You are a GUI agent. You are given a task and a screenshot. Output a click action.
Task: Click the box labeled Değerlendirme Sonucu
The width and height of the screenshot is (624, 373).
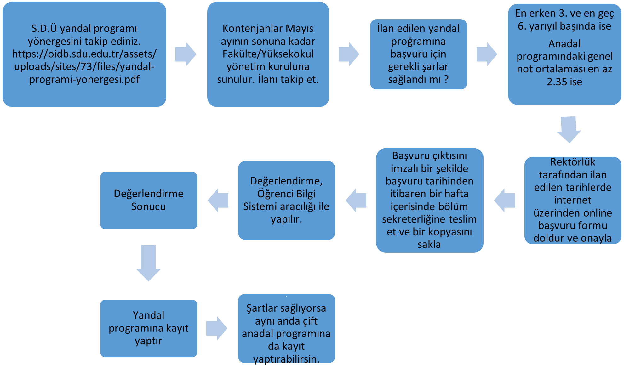[148, 200]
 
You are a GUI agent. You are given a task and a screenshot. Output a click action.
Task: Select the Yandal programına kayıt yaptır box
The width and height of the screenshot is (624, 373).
[148, 328]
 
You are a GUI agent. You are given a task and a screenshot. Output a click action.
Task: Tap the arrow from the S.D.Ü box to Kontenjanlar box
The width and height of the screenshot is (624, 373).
[186, 54]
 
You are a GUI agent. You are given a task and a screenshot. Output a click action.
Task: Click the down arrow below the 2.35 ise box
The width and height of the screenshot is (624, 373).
[569, 129]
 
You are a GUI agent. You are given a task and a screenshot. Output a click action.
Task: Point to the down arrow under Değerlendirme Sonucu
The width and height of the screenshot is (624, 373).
[148, 263]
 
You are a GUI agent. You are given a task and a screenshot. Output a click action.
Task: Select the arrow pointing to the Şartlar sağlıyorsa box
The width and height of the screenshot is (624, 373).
[217, 328]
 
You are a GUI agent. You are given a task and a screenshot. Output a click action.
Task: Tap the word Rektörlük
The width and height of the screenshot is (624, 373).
[572, 162]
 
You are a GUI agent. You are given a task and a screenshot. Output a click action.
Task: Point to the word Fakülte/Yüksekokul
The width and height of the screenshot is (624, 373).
[268, 54]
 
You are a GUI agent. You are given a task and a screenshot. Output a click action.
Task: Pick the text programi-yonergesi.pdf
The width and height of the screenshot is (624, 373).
[84, 79]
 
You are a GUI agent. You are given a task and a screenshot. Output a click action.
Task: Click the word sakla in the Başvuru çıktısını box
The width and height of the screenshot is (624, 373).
[429, 244]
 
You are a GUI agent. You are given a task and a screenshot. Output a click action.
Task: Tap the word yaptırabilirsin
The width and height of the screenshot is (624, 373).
[286, 359]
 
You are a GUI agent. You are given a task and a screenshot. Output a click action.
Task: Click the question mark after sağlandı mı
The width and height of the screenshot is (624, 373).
[446, 79]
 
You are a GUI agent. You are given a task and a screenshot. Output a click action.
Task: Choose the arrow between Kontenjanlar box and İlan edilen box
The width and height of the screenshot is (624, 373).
[349, 54]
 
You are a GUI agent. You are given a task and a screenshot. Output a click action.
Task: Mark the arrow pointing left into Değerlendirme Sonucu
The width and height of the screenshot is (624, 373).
[218, 200]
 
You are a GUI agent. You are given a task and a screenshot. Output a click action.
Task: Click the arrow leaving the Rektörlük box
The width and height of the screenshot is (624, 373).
[505, 200]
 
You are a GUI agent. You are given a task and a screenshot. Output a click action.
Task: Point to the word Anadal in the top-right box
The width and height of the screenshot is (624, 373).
[564, 44]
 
